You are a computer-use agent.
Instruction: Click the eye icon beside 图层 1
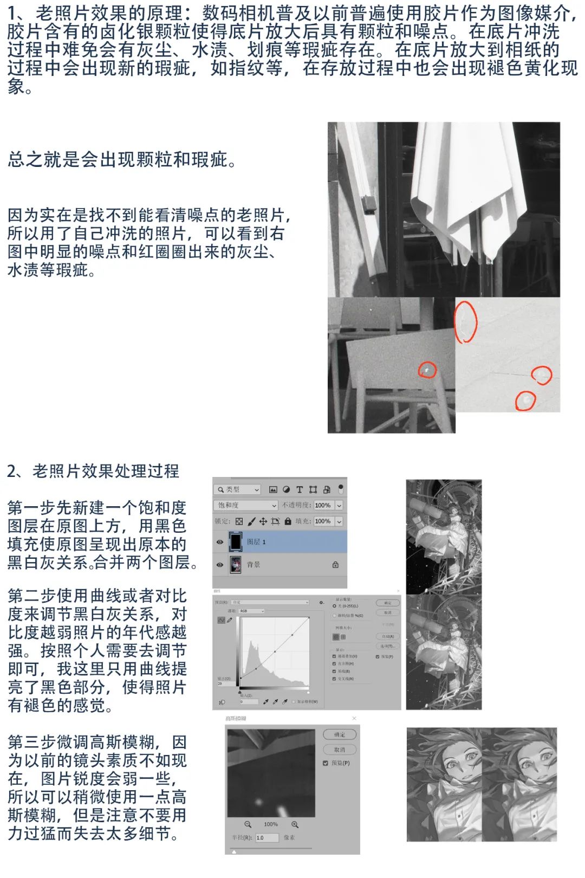[220, 542]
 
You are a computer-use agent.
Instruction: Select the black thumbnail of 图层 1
[236, 541]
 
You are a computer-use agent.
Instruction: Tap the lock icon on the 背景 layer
[335, 565]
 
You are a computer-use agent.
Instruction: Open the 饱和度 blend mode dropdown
[246, 505]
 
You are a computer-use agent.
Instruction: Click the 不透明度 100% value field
[323, 505]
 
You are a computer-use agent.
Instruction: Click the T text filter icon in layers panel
[300, 489]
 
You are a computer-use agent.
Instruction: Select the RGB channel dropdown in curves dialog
[252, 611]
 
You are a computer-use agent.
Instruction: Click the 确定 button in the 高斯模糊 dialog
[340, 734]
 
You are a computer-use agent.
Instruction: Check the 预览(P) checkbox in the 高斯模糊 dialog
[326, 763]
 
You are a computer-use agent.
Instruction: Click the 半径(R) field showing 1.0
[266, 837]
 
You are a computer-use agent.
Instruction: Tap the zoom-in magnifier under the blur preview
[295, 824]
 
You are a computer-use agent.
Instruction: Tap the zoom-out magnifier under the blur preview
[248, 824]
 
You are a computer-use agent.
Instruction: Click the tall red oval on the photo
[465, 322]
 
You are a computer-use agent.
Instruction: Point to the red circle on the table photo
[427, 370]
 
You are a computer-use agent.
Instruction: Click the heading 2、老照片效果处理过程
[93, 471]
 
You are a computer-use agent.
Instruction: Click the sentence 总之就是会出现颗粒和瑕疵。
[122, 159]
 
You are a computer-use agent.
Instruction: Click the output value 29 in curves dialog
[220, 683]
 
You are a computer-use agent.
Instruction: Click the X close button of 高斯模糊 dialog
[354, 718]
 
